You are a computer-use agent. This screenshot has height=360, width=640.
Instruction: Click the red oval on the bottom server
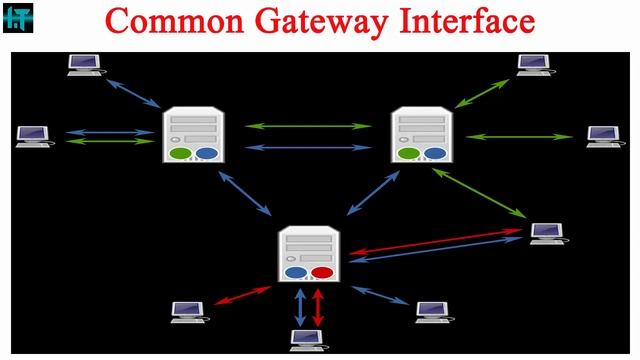pos(322,272)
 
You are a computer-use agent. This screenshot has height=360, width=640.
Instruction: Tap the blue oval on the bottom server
pos(296,272)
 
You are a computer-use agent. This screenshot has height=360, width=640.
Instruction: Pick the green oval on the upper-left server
pos(180,154)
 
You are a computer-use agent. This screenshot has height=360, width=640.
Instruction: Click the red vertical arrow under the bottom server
pos(319,306)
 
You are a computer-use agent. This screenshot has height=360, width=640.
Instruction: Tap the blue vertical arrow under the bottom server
pos(298,306)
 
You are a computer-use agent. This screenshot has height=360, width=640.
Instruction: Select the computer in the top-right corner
pos(533,65)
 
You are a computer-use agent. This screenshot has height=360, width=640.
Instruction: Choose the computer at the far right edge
pos(603,137)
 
